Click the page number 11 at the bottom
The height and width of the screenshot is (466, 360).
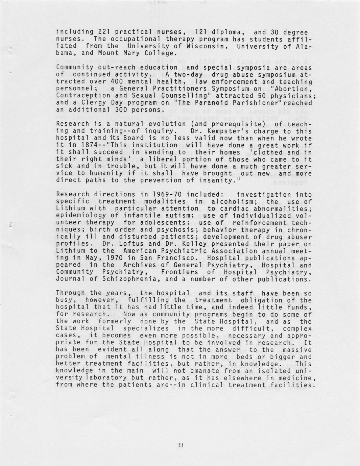[181, 445]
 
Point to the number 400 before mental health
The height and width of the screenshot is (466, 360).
[117, 81]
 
